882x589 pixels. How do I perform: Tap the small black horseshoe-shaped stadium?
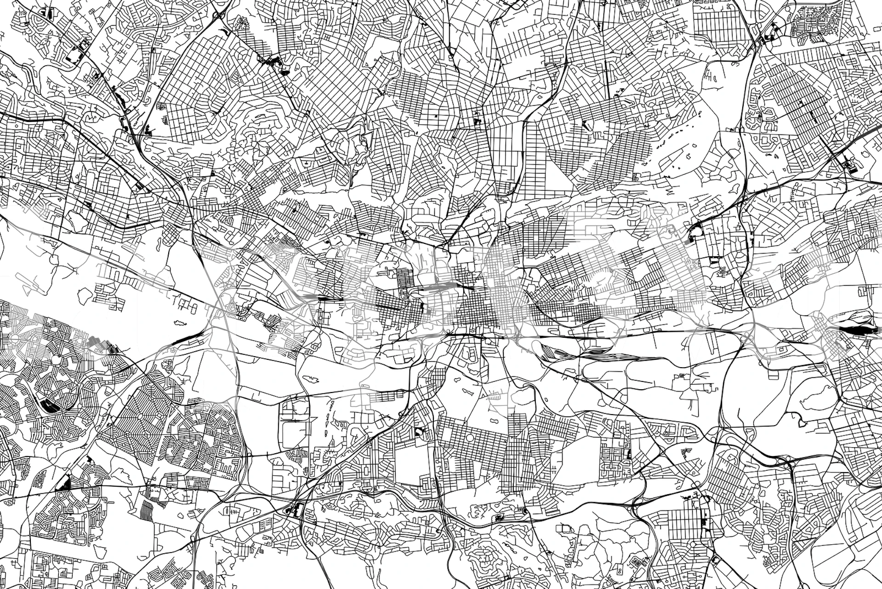coord(418,432)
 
